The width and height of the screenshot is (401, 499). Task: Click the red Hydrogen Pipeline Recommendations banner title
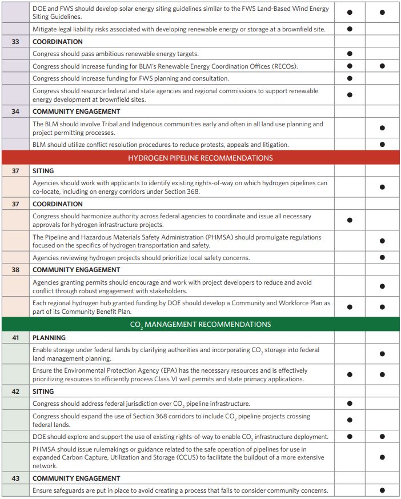(x=201, y=158)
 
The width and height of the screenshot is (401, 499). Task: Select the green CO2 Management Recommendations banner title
(x=201, y=325)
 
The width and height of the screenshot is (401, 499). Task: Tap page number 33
(x=15, y=42)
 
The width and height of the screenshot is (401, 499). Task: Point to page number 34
(x=15, y=111)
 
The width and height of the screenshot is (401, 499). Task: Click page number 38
(x=15, y=270)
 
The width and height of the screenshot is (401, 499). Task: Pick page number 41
(x=15, y=338)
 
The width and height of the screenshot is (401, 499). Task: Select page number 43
(x=15, y=478)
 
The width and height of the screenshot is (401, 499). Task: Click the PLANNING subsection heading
(x=49, y=338)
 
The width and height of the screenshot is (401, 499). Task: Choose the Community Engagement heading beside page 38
(x=76, y=270)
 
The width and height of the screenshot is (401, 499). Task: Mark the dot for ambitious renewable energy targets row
(x=350, y=54)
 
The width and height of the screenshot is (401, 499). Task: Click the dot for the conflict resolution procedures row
(x=382, y=145)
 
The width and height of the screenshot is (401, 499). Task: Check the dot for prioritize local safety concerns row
(x=382, y=258)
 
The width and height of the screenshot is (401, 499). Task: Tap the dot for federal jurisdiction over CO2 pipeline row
(x=350, y=404)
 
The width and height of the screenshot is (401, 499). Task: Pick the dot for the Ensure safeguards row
(x=382, y=490)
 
